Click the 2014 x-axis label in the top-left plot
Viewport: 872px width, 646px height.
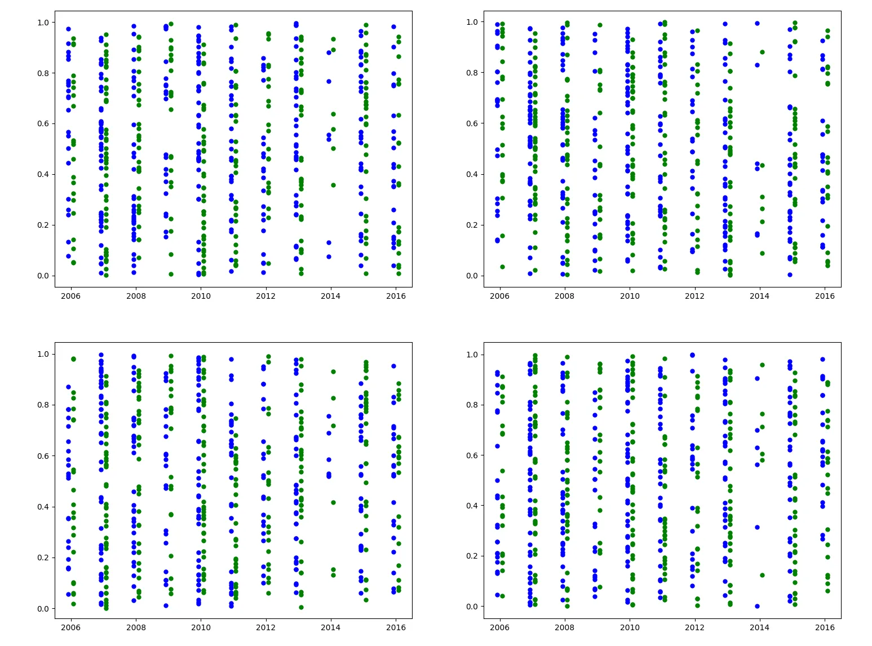pos(330,296)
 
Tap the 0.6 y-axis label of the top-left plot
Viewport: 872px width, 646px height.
pos(43,123)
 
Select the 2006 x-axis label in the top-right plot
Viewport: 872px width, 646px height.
pos(499,296)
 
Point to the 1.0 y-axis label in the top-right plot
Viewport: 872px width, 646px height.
pos(472,22)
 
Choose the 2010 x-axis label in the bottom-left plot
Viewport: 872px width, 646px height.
pos(200,627)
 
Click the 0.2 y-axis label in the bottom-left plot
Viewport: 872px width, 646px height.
pos(43,557)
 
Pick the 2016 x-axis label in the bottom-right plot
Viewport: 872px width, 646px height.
pos(825,627)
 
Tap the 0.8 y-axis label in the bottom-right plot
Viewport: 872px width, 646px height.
pos(472,405)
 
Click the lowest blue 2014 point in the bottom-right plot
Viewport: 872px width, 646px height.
pos(757,606)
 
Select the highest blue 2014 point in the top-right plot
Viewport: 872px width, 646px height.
pos(757,24)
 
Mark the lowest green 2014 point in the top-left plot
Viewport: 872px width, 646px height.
pos(333,185)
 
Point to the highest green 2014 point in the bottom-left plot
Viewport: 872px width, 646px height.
pos(333,371)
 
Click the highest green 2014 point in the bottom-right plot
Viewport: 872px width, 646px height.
pos(762,365)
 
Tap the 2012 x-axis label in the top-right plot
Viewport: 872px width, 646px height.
pos(694,296)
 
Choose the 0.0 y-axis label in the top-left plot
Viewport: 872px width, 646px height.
pos(43,276)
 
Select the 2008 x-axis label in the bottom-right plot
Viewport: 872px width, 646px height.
pos(564,627)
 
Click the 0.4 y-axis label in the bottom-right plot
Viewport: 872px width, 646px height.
pos(472,506)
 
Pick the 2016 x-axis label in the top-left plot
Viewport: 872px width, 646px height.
pos(396,296)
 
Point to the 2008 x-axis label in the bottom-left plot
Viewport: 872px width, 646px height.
pos(135,627)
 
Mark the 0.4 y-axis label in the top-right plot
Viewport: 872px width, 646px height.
pos(472,174)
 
